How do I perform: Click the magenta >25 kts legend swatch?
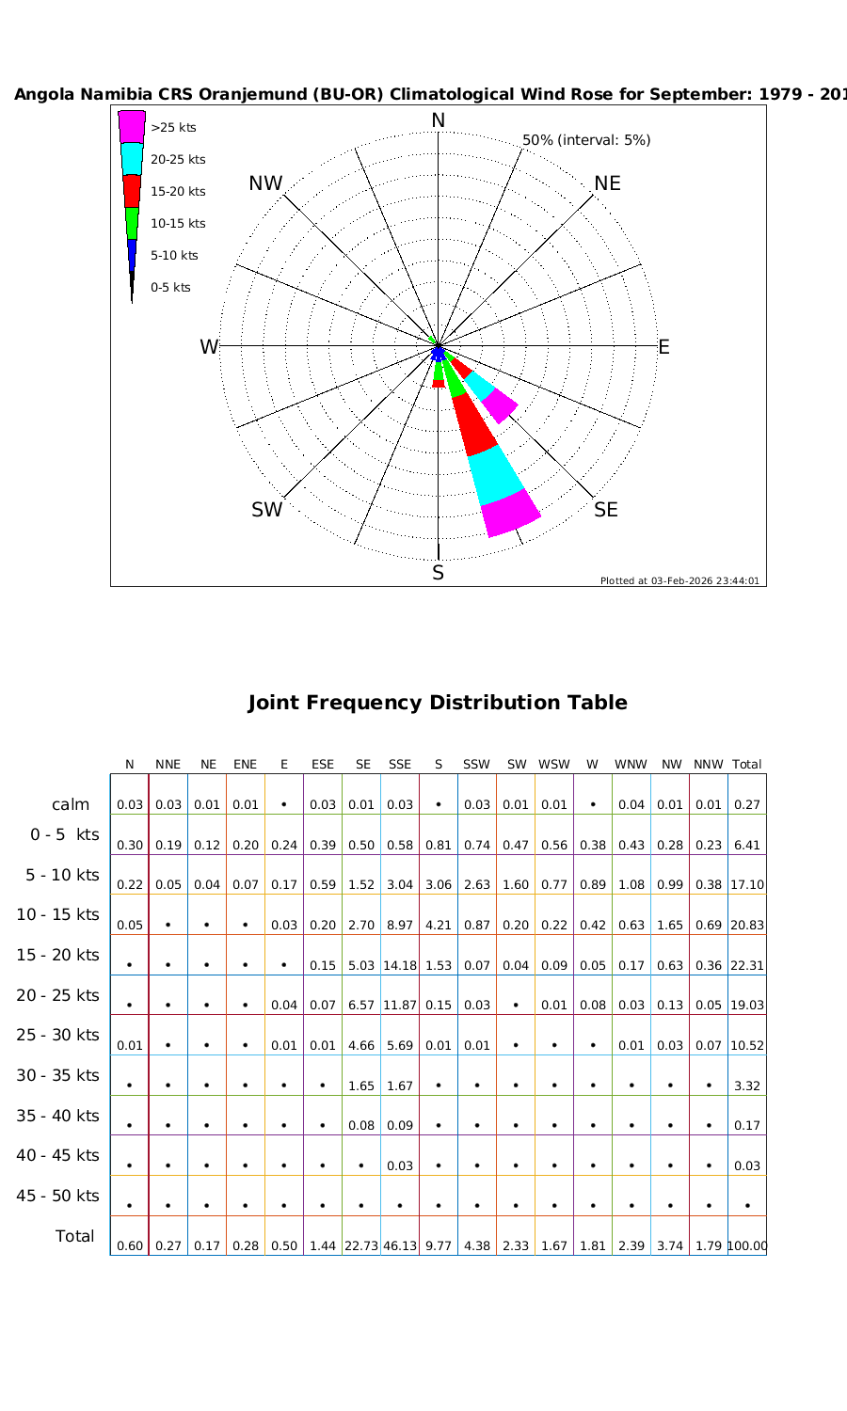(x=132, y=126)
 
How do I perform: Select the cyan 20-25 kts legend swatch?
(x=132, y=158)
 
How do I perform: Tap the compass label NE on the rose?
(x=607, y=183)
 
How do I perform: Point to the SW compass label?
(x=267, y=510)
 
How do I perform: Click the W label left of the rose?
(x=209, y=347)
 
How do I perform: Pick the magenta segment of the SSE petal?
(x=510, y=514)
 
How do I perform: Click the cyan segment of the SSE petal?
(x=495, y=474)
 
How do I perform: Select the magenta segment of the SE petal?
(x=500, y=405)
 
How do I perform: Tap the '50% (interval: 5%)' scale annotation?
(x=586, y=140)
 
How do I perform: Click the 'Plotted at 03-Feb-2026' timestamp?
(x=679, y=580)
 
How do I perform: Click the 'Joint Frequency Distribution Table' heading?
(x=438, y=703)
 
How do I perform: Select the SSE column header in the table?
(x=400, y=765)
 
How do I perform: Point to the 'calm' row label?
(x=71, y=804)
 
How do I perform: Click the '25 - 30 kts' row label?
(x=58, y=1035)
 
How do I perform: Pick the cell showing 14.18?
(x=400, y=965)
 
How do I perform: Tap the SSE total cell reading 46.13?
(x=400, y=1246)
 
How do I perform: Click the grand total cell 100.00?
(x=747, y=1246)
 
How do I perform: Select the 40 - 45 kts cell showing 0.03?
(x=400, y=1166)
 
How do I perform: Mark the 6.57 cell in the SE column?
(x=361, y=1006)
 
